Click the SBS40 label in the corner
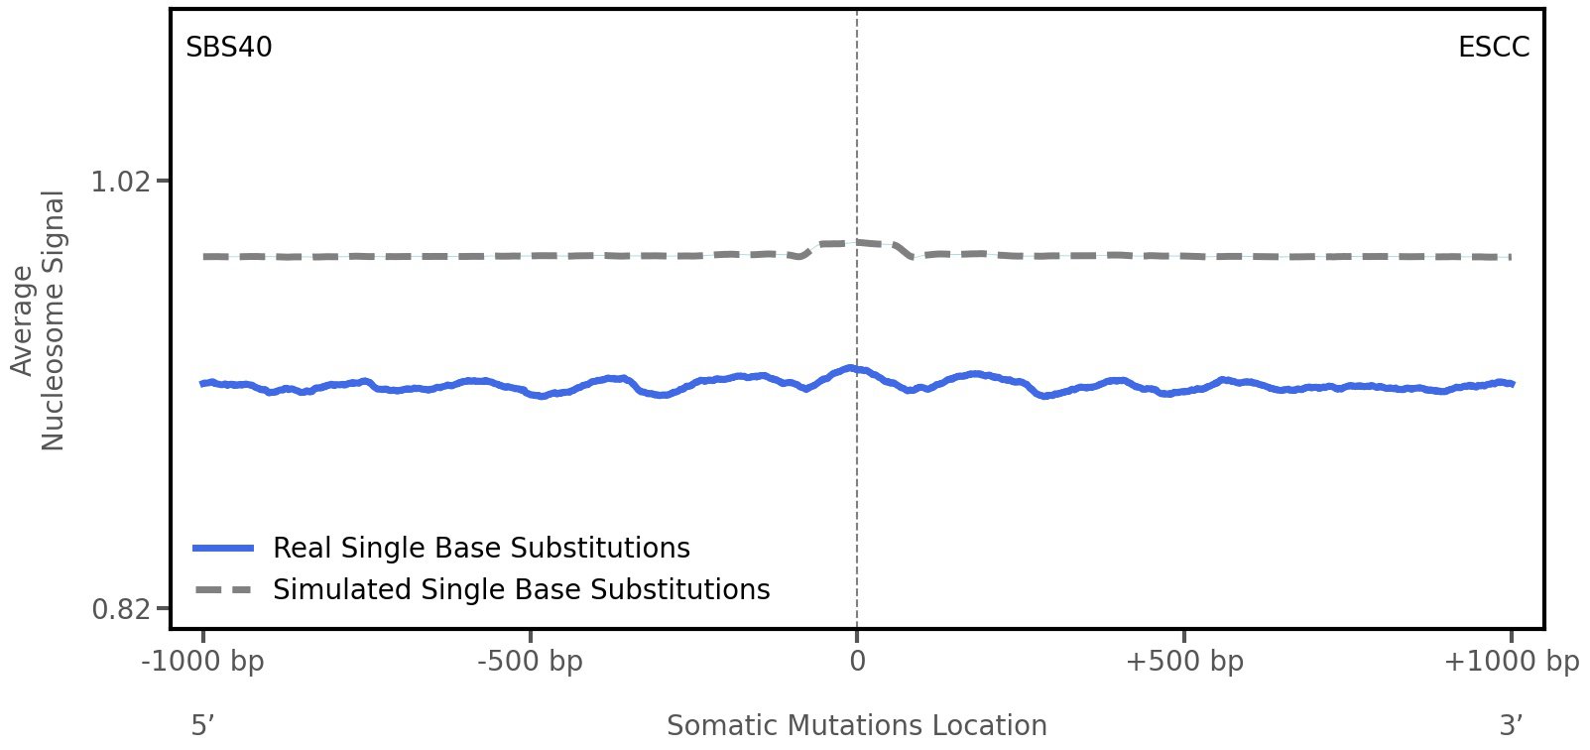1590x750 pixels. click(x=228, y=48)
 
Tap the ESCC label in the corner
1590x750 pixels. click(x=1493, y=48)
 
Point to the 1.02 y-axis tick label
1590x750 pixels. click(x=120, y=182)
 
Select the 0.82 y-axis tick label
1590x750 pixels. click(x=120, y=608)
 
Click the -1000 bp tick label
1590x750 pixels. click(x=203, y=662)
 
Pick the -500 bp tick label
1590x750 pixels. click(x=530, y=662)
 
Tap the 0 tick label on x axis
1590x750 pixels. click(x=857, y=662)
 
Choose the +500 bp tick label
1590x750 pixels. click(x=1184, y=662)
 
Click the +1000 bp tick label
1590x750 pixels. click(x=1511, y=662)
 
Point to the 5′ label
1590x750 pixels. click(x=202, y=726)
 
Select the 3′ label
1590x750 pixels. click(x=1511, y=726)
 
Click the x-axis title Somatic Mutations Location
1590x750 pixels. click(x=856, y=726)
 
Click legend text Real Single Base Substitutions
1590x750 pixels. click(x=481, y=549)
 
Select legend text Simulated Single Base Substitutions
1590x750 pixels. click(x=521, y=590)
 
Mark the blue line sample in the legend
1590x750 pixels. click(x=224, y=549)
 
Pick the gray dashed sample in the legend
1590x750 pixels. click(x=224, y=590)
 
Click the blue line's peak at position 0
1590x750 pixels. click(x=852, y=369)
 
